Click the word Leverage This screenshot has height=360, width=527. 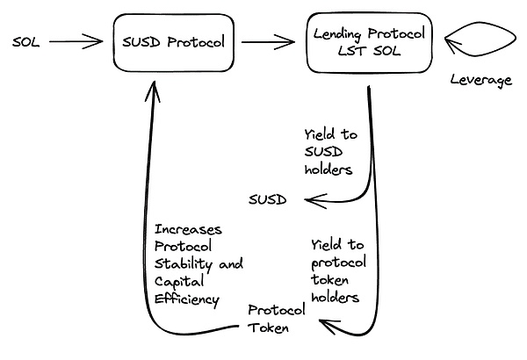[x=480, y=81]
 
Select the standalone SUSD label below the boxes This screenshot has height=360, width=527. [x=267, y=199]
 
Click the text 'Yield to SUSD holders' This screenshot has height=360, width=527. [x=330, y=150]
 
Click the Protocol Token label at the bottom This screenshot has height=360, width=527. [x=276, y=320]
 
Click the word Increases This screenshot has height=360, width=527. [x=186, y=230]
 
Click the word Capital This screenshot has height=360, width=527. [x=178, y=282]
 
